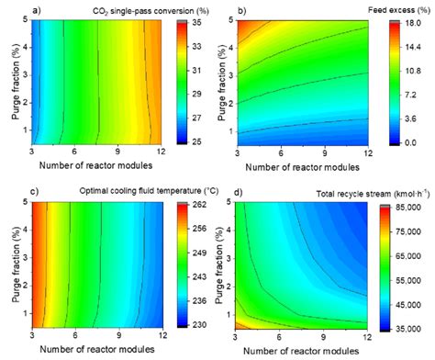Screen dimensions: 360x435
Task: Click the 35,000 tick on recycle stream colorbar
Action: pyautogui.click(x=418, y=326)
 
